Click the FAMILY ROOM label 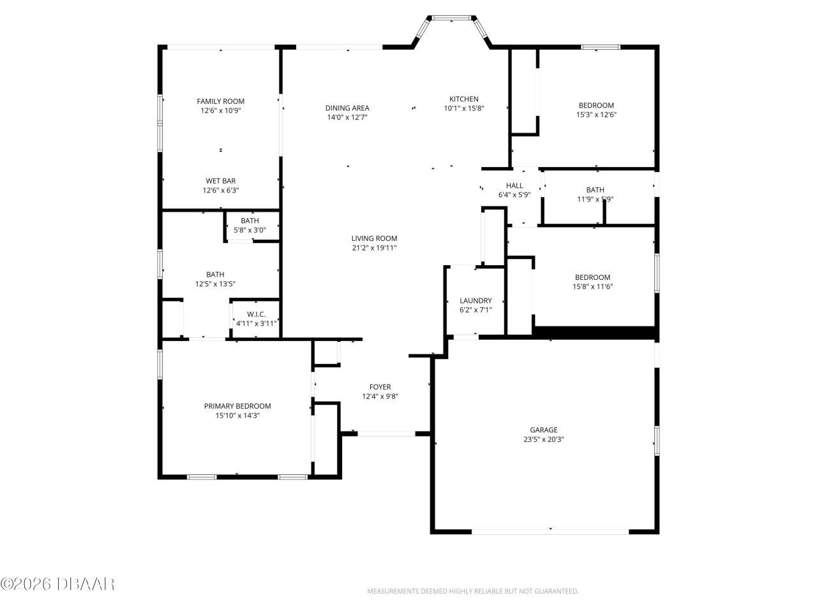pyautogui.click(x=220, y=101)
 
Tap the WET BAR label pyautogui.click(x=220, y=181)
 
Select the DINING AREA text pyautogui.click(x=347, y=108)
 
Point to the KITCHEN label pyautogui.click(x=464, y=99)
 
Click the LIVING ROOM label pyautogui.click(x=374, y=238)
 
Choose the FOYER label pyautogui.click(x=380, y=387)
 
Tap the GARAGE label pyautogui.click(x=543, y=430)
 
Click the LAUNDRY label pyautogui.click(x=476, y=301)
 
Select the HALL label pyautogui.click(x=514, y=186)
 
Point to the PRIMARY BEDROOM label pyautogui.click(x=237, y=406)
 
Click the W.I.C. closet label pyautogui.click(x=256, y=314)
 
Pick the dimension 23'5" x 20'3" pyautogui.click(x=543, y=439)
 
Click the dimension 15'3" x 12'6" pyautogui.click(x=596, y=115)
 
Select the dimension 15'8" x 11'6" pyautogui.click(x=592, y=287)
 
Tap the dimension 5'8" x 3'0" pyautogui.click(x=250, y=230)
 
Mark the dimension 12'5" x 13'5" pyautogui.click(x=215, y=284)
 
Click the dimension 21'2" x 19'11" pyautogui.click(x=374, y=248)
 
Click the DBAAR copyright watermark pyautogui.click(x=57, y=583)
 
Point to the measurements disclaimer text pyautogui.click(x=472, y=592)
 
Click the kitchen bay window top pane pyautogui.click(x=452, y=18)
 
